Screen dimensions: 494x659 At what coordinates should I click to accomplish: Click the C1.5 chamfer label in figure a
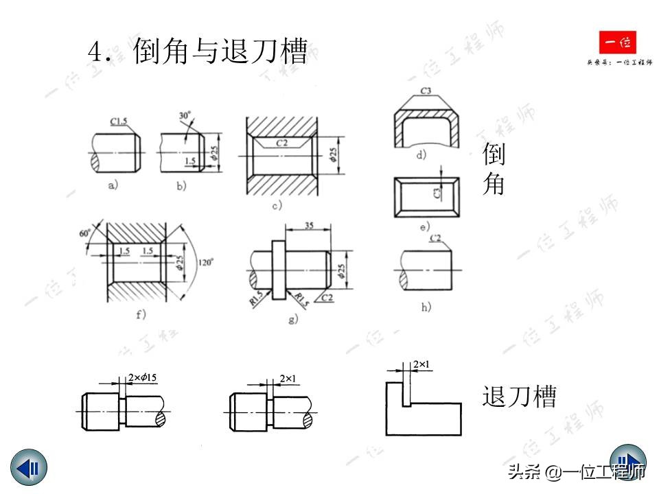[x=119, y=122]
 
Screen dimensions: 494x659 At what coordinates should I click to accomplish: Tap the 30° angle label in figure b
[x=185, y=116]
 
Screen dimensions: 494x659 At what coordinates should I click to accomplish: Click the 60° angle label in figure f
[x=86, y=233]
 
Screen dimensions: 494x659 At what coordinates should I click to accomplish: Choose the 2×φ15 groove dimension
[x=143, y=378]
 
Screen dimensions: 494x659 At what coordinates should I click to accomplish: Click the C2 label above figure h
[x=435, y=239]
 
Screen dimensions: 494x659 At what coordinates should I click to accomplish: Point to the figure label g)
[x=292, y=318]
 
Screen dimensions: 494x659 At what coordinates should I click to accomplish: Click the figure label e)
[x=424, y=226]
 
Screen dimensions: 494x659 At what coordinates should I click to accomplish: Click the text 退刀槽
[x=519, y=397]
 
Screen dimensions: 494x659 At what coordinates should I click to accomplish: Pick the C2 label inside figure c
[x=281, y=143]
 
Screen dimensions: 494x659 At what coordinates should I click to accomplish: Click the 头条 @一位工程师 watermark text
[x=576, y=472]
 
